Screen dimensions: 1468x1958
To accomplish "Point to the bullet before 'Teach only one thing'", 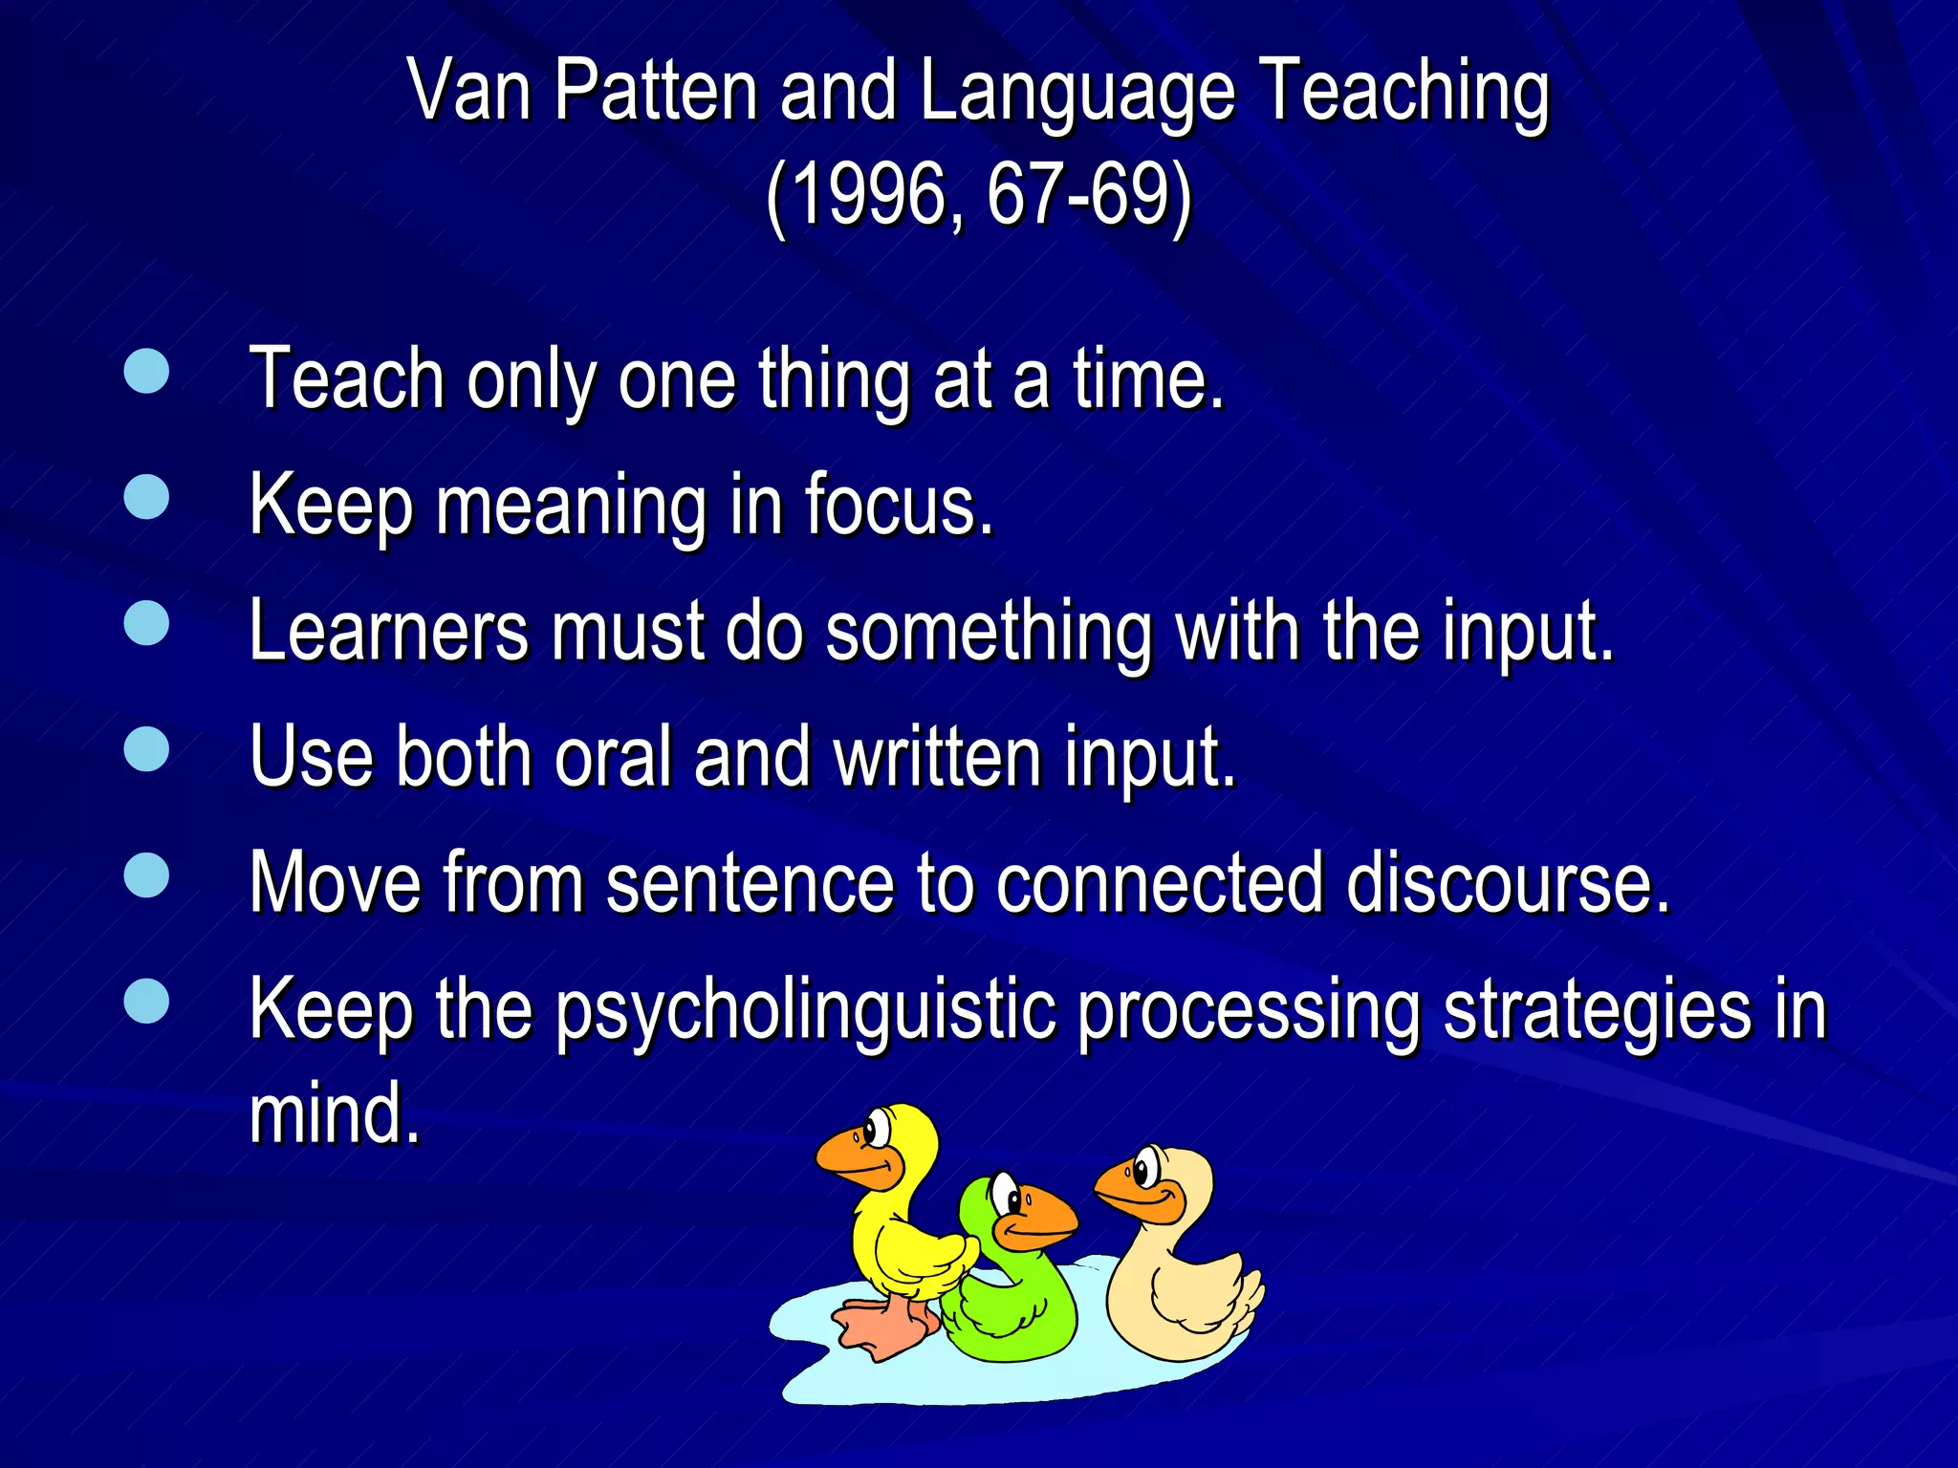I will [x=146, y=371].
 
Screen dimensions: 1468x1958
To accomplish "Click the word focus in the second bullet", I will [x=899, y=505].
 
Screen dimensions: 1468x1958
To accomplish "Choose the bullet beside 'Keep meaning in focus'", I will [x=146, y=497].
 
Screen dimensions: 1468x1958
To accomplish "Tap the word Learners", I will [x=388, y=631].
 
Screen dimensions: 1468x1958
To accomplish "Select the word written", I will [x=937, y=757].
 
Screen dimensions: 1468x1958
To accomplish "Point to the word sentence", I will [x=749, y=883].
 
